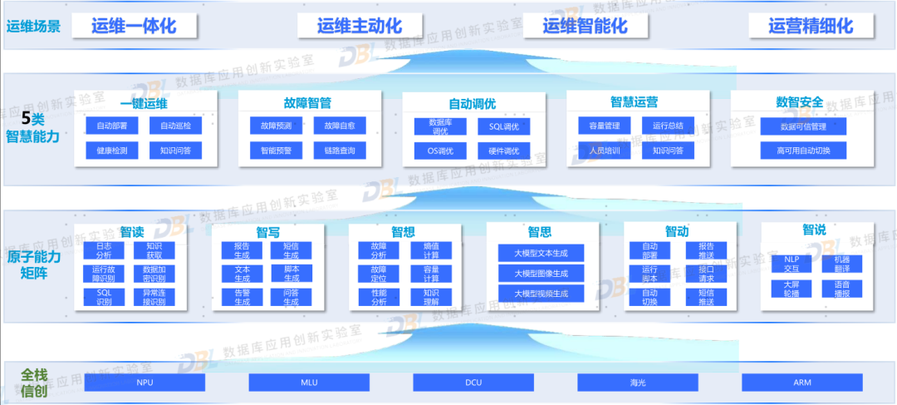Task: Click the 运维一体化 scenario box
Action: (x=134, y=26)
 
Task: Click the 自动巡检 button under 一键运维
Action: (x=175, y=126)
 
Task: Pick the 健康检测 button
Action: (x=111, y=151)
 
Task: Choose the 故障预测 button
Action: (x=276, y=126)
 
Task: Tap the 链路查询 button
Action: (x=340, y=151)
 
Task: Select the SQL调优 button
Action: (x=503, y=126)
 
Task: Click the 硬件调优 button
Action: (x=503, y=151)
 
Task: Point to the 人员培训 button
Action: (x=604, y=151)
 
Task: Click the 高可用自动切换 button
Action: (x=803, y=151)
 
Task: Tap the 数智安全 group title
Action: (x=800, y=102)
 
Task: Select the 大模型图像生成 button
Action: (x=541, y=273)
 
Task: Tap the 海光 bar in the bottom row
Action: (x=637, y=383)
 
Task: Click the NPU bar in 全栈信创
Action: (x=145, y=383)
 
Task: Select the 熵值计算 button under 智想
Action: (x=431, y=250)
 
